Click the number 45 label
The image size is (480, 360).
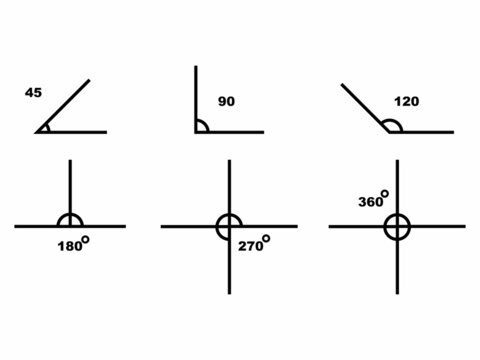click(33, 93)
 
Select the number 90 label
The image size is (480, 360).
click(226, 101)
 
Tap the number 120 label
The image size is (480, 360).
click(405, 101)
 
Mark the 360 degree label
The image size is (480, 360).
click(371, 201)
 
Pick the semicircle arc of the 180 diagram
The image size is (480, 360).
click(70, 215)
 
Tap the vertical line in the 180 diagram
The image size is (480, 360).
click(70, 185)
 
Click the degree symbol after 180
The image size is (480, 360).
click(87, 239)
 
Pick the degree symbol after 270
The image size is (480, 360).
click(266, 239)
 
